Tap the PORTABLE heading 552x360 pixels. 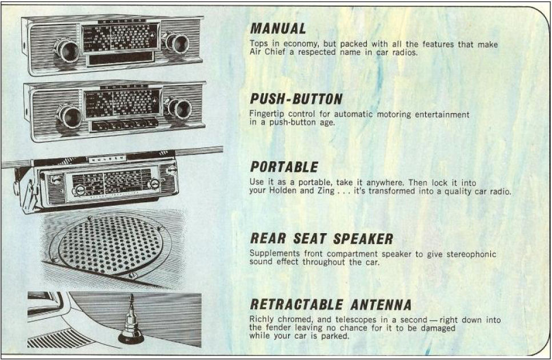point(284,167)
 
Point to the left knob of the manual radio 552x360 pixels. point(67,50)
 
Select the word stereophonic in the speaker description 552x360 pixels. point(467,254)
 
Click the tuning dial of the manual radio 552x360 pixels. point(120,38)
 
